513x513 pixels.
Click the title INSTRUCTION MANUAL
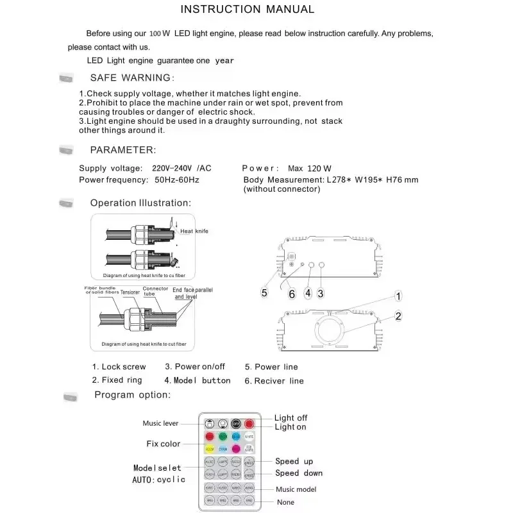point(247,10)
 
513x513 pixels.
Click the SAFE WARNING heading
point(131,78)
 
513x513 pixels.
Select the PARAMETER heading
point(122,150)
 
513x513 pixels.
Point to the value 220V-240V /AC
point(181,169)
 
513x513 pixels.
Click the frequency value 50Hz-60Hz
point(177,180)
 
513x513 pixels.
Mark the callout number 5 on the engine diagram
point(264,293)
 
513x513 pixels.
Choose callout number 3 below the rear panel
point(321,293)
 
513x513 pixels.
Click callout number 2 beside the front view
point(398,315)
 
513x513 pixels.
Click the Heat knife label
point(194,231)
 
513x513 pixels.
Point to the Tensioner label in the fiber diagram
point(130,292)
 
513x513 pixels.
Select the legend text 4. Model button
point(198,380)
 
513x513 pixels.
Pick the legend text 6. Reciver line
point(274,381)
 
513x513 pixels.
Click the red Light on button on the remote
point(249,424)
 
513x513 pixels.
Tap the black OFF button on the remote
point(235,424)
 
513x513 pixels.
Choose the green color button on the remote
point(223,437)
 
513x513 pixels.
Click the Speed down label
point(299,473)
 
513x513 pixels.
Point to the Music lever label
point(160,423)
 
